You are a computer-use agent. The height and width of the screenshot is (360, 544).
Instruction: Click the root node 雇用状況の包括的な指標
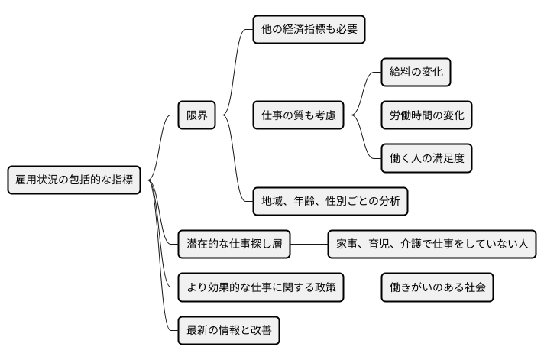pyautogui.click(x=74, y=180)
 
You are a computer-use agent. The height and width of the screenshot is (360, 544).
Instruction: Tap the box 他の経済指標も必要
pyautogui.click(x=308, y=30)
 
